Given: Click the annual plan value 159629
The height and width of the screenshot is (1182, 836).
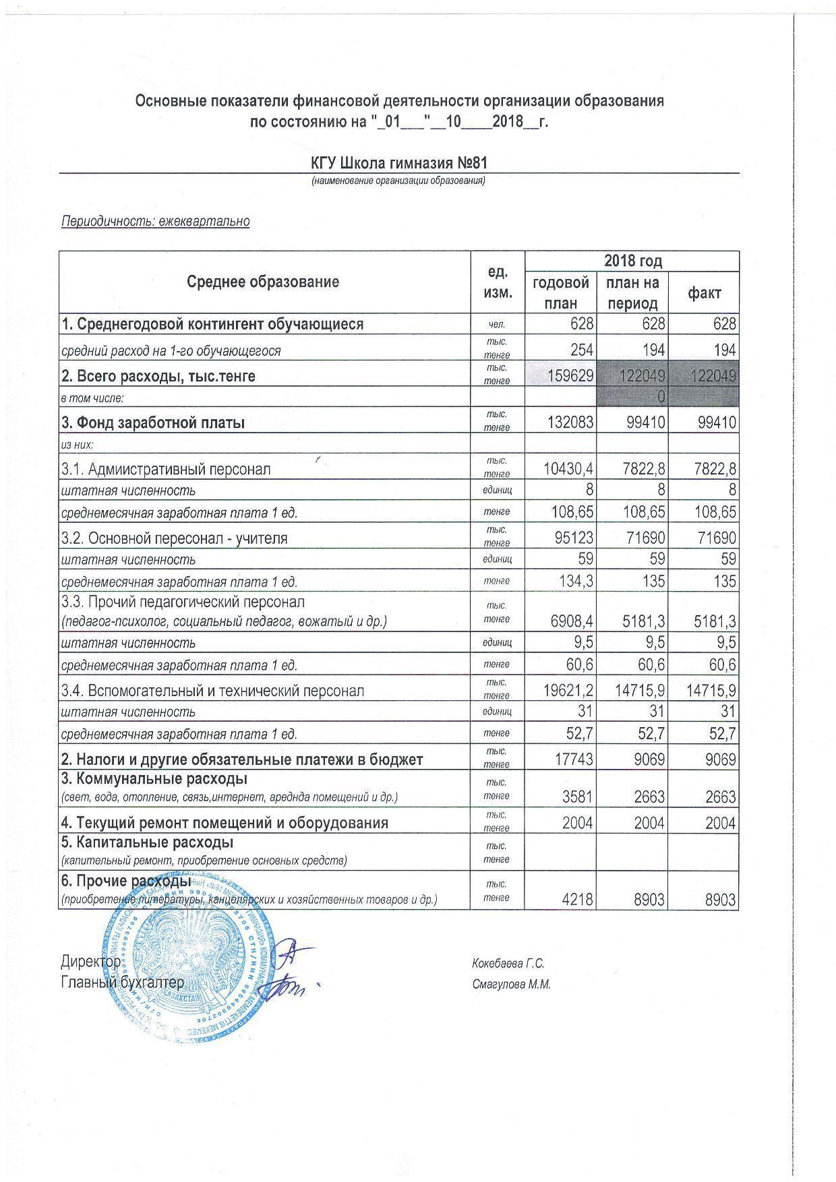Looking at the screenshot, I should (x=570, y=375).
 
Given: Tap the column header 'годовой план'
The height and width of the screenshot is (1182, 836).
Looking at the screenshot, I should (x=560, y=292).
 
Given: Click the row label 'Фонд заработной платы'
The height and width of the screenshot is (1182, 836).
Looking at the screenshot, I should (x=153, y=423).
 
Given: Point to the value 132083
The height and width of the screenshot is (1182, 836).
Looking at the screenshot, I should (x=570, y=423).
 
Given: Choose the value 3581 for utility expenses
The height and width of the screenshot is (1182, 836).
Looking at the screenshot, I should (x=576, y=797).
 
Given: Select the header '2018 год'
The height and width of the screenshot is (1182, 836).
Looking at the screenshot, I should (x=632, y=261).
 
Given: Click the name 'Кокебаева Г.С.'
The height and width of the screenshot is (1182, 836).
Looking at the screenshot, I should (x=508, y=964).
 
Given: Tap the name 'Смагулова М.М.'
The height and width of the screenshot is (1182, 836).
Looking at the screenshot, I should (x=512, y=985).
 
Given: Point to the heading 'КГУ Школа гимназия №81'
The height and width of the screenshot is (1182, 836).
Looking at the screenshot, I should (x=398, y=163).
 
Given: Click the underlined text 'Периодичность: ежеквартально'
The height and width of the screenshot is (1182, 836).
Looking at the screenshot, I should (x=155, y=221).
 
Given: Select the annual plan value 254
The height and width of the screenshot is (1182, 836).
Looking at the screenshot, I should (x=580, y=350).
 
